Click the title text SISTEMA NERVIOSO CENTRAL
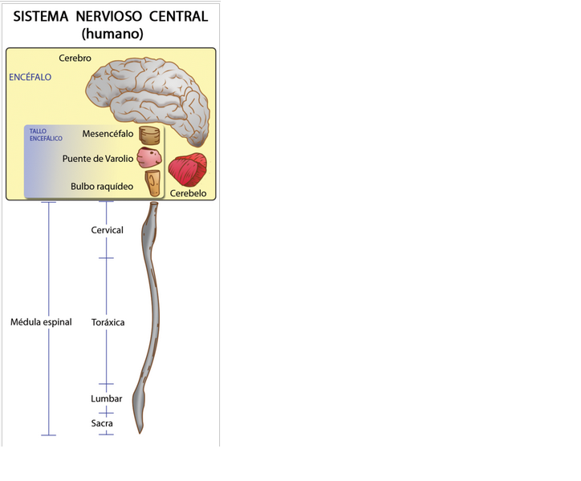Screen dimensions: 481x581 pos(111,16)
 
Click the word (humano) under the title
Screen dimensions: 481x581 pos(112,34)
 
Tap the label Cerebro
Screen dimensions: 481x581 pos(75,59)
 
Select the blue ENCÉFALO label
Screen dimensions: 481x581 pos(30,78)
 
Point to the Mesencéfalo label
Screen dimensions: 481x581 pos(108,134)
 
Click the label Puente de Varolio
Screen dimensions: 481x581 pos(98,159)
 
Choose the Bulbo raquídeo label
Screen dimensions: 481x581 pos(102,187)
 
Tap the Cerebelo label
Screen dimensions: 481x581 pos(189,193)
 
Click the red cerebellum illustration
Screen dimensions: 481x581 pos(188,169)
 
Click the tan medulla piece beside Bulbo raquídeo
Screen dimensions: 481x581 pos(153,183)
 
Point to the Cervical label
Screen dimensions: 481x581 pos(108,230)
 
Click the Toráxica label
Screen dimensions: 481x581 pos(108,322)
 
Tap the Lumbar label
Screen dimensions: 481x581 pos(107,398)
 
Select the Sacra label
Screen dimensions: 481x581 pos(102,423)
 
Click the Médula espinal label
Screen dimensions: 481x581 pos(41,322)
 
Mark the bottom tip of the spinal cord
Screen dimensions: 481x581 pos(140,431)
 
